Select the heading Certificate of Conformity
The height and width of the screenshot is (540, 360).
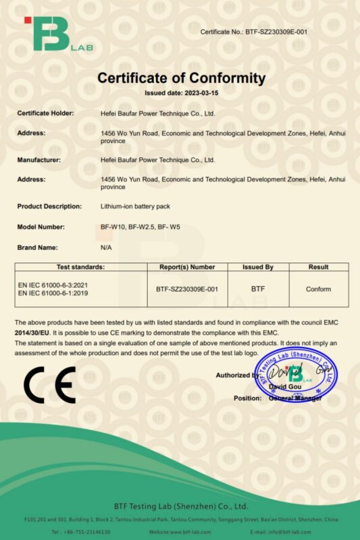[x=181, y=78]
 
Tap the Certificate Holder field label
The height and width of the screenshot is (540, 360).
[x=45, y=113]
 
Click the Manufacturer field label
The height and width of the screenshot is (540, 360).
[x=39, y=160]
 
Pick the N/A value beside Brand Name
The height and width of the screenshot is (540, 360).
[x=105, y=248]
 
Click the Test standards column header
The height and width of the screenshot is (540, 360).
[x=80, y=267]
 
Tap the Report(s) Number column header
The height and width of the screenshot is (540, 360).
[x=186, y=267]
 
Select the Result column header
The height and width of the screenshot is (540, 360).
[x=318, y=267]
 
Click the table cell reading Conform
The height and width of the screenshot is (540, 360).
[x=318, y=289]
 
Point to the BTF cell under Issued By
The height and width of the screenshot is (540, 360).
[x=258, y=289]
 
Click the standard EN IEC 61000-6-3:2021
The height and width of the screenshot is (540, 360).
[x=53, y=285]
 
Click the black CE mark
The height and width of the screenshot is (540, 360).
[x=49, y=385]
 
